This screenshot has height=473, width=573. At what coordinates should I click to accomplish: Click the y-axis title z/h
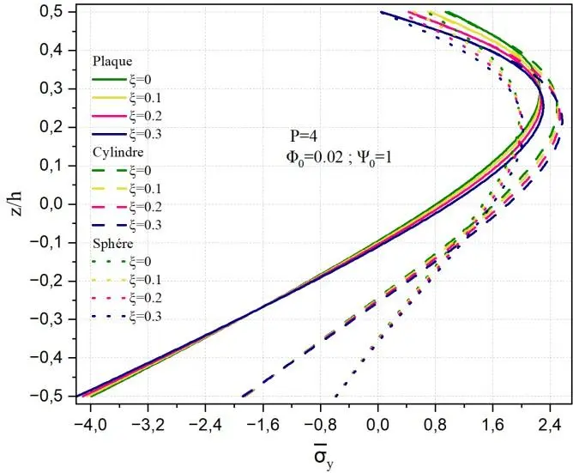point(18,204)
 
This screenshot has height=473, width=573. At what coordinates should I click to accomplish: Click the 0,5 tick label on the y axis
point(57,12)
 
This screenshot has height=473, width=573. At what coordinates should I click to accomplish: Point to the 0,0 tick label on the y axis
point(57,204)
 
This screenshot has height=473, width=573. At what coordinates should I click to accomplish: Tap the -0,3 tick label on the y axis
point(53,319)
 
